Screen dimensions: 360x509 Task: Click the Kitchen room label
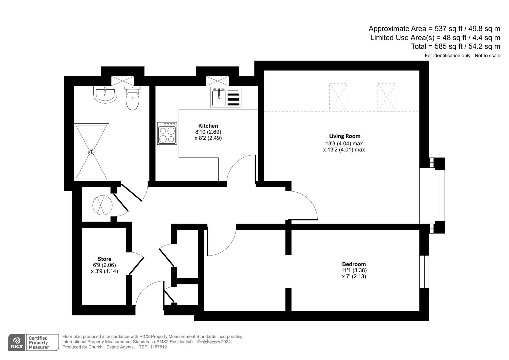tap(208, 126)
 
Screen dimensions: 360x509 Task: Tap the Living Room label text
tap(344, 136)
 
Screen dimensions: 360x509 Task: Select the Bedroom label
tap(354, 264)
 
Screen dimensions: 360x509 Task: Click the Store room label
tap(104, 259)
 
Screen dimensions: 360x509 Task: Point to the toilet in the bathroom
tap(132, 98)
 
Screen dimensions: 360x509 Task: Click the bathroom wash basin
tap(105, 95)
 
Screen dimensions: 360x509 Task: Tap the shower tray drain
tap(91, 152)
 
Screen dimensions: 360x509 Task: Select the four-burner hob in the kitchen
tap(167, 133)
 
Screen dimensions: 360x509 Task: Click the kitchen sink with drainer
tap(226, 97)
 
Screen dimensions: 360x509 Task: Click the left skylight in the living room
tap(338, 97)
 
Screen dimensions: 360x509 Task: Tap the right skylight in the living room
tap(387, 97)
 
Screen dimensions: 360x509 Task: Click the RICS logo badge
tap(16, 343)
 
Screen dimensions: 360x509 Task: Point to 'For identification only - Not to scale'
tap(462, 56)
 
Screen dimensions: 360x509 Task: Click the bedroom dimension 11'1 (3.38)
tap(354, 270)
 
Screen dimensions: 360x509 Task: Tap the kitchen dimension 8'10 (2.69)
tap(208, 132)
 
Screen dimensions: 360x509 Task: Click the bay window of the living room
tap(437, 195)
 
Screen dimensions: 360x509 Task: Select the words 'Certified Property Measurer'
tap(39, 343)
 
